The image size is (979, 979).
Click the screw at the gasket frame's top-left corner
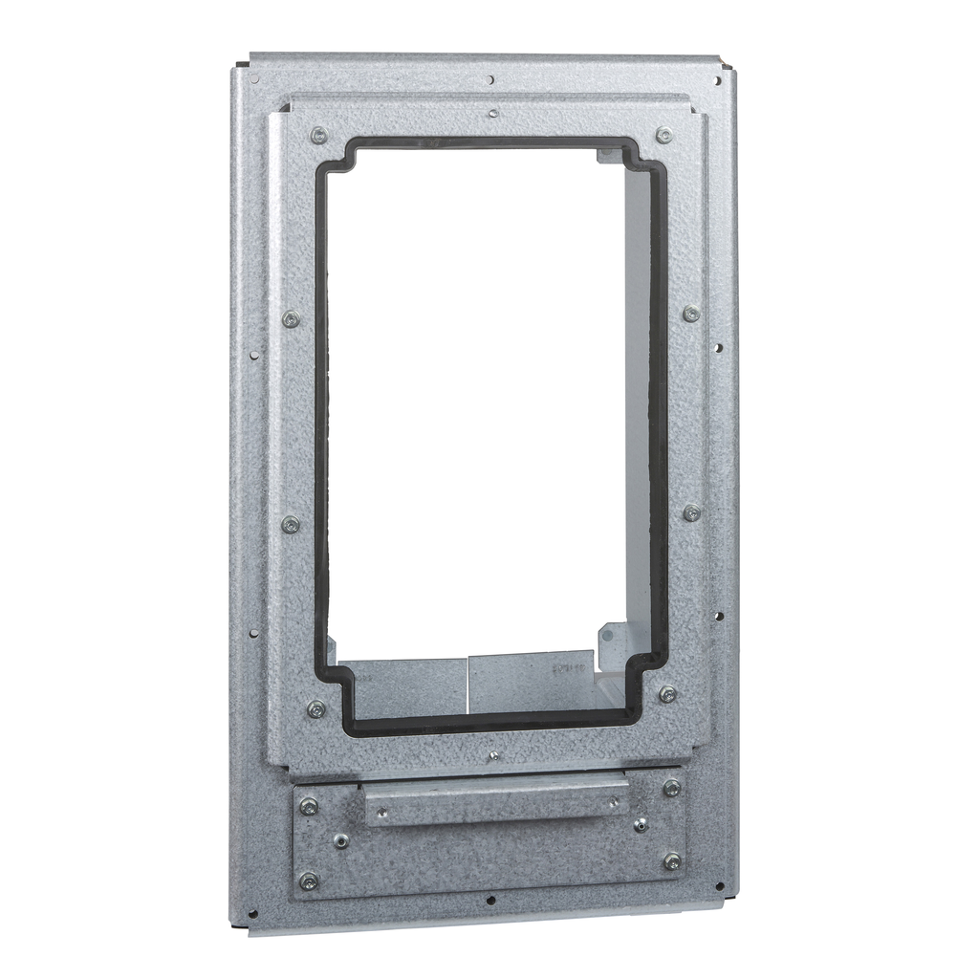click(x=318, y=135)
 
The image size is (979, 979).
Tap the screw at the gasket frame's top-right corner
click(x=664, y=136)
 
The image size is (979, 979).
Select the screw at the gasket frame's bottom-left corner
click(x=316, y=708)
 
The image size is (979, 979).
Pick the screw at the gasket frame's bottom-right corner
click(x=667, y=694)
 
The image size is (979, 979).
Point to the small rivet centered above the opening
click(x=492, y=113)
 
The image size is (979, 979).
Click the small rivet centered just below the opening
click(x=493, y=755)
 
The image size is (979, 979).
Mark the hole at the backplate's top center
click(x=490, y=79)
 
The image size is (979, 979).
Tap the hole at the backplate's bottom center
click(x=490, y=900)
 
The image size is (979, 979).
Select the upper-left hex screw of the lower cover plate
click(x=309, y=806)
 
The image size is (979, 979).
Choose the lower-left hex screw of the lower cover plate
click(x=309, y=881)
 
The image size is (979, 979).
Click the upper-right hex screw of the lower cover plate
click(x=672, y=788)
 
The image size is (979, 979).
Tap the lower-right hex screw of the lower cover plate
click(x=672, y=861)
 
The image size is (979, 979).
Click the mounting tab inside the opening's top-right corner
click(x=604, y=153)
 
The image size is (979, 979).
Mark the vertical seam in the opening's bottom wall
click(x=468, y=683)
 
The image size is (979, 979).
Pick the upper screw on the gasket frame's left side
click(x=292, y=319)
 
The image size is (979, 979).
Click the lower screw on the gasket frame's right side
click(x=691, y=513)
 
